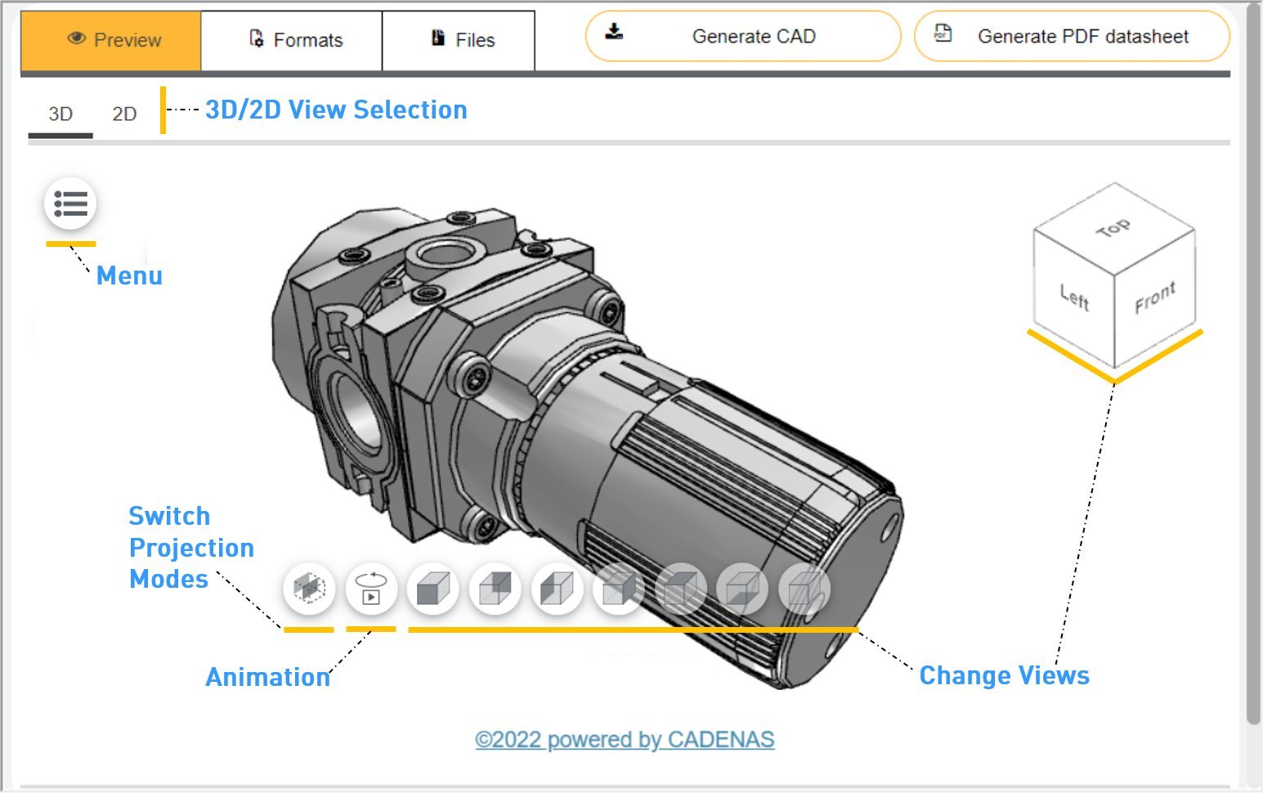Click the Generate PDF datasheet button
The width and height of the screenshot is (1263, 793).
coord(1071,37)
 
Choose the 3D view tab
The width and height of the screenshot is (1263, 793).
coord(60,114)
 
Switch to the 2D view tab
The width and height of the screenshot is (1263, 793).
coord(124,114)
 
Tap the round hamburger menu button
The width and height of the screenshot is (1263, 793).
coord(70,204)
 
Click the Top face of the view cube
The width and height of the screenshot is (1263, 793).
coord(1113,228)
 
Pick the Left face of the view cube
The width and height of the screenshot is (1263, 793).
coord(1074,297)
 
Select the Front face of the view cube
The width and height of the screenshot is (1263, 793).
coord(1154,298)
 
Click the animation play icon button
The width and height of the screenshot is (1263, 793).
coord(371,589)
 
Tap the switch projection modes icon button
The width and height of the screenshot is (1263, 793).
coord(309,589)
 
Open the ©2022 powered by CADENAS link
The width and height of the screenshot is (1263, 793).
coord(625,740)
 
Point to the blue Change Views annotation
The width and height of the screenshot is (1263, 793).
coord(1004,676)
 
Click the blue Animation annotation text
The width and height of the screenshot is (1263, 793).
coord(267,678)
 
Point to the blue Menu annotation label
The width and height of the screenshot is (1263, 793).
coord(129,276)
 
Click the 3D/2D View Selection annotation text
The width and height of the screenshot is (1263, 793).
coord(336,110)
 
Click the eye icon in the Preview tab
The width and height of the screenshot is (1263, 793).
coord(77,38)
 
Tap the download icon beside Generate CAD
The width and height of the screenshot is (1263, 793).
coord(614,32)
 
